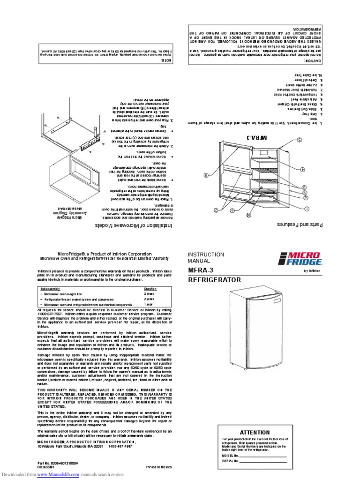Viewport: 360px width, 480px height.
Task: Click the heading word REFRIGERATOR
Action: click(214, 280)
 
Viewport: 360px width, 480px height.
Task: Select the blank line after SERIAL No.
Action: click(263, 461)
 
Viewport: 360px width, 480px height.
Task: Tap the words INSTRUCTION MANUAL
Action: click(206, 257)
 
